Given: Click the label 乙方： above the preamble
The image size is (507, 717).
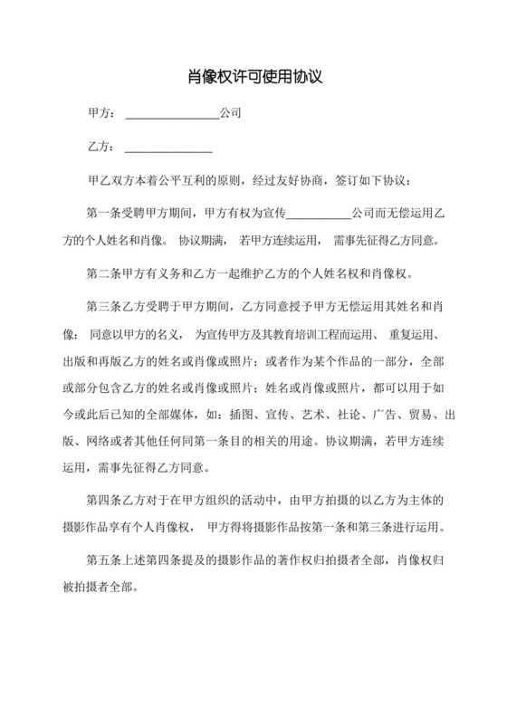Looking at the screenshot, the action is [100, 148].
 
